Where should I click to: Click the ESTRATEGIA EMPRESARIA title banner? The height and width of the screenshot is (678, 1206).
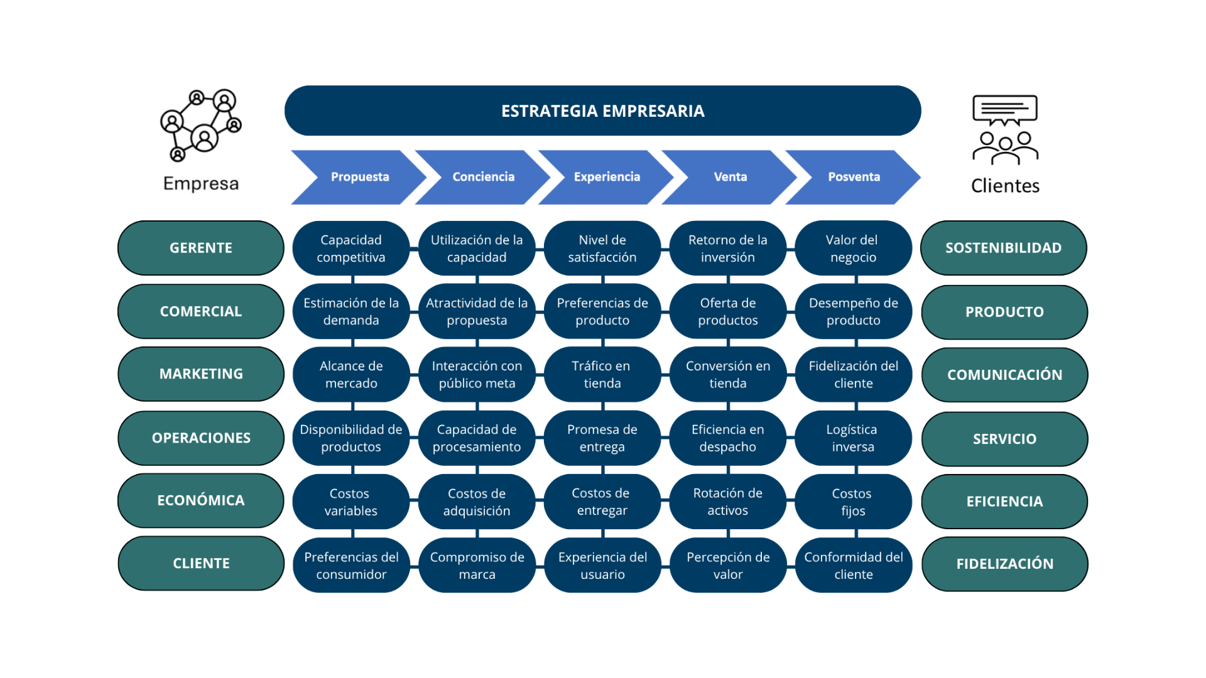point(602,110)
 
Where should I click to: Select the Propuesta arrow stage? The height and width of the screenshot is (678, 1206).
point(359,177)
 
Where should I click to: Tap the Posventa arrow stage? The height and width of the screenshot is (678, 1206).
point(853,177)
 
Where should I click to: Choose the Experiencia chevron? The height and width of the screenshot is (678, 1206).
point(606,177)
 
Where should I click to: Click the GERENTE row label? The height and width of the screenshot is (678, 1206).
point(200,248)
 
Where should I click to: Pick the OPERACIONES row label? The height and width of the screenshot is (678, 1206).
point(200,438)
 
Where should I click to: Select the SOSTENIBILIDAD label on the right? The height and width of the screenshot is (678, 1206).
point(1003,248)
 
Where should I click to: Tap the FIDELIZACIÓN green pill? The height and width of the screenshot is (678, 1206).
point(1004,564)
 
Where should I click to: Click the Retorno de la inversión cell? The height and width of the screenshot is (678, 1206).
point(727,249)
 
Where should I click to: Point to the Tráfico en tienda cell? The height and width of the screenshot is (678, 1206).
point(602,374)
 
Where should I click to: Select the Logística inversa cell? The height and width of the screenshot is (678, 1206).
point(852,438)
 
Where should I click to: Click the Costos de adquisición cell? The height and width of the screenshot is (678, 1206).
point(476,502)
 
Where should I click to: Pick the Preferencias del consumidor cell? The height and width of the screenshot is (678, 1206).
point(350,565)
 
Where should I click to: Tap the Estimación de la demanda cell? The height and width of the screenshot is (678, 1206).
point(350,311)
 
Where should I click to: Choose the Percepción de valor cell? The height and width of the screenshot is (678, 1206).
point(727,565)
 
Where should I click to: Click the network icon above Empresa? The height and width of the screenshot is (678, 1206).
point(200,125)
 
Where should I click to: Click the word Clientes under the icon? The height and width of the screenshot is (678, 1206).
point(1005,186)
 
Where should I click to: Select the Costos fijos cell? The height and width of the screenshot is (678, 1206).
point(852,502)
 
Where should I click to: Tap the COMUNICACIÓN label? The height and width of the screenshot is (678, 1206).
point(1004,375)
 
